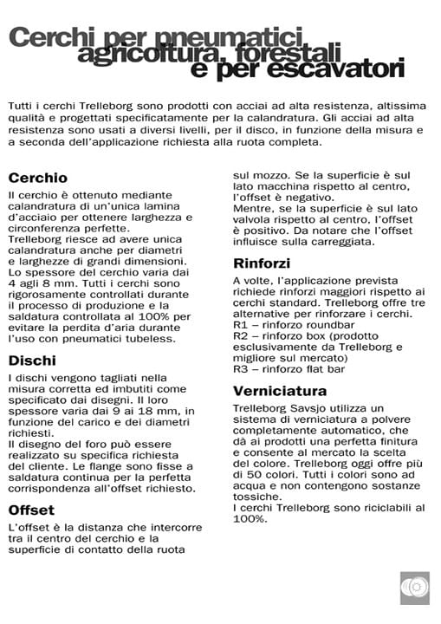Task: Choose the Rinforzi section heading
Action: coord(262,263)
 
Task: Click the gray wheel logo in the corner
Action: coord(414,588)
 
